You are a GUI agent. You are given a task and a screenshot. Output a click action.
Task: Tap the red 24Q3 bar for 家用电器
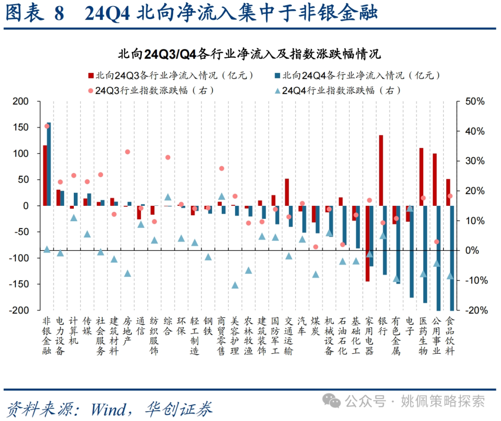pos(367,243)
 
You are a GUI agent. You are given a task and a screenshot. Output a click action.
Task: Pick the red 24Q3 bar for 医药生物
pos(421,177)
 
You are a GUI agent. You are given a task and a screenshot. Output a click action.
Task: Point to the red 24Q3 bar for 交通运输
pos(287,192)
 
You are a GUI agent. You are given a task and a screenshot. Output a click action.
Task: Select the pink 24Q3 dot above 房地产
pos(128,152)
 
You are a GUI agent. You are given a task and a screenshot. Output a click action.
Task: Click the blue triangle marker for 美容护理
pos(235,285)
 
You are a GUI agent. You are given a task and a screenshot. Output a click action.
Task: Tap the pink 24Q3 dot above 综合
pos(168,158)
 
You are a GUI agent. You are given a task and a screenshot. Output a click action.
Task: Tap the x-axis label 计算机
pos(73,331)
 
